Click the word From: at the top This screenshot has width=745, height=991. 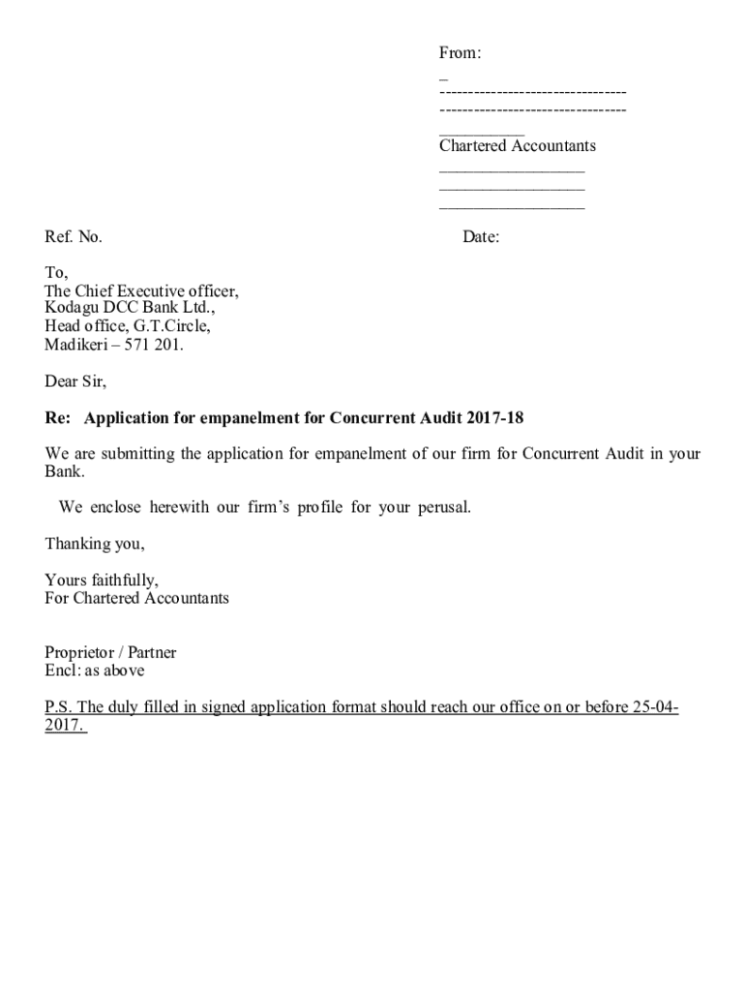[x=461, y=54]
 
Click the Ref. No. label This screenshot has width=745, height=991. [x=74, y=237]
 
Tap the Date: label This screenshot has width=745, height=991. [x=481, y=237]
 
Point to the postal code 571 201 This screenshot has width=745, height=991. [x=155, y=345]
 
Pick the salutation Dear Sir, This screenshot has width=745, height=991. [x=75, y=381]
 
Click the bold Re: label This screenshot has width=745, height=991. [x=57, y=418]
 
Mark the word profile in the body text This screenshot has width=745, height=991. [x=320, y=507]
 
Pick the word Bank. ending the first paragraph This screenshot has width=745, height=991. [x=65, y=472]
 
